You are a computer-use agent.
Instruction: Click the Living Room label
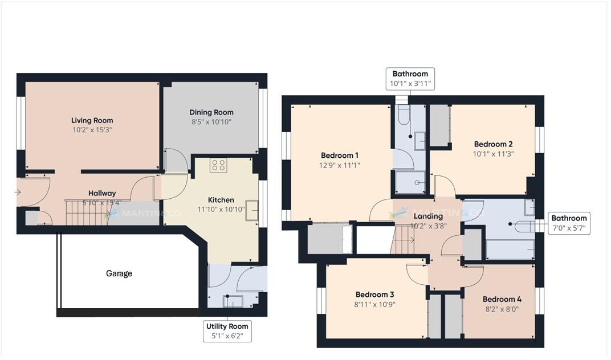(92, 120)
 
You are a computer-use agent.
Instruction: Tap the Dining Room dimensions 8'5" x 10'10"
(211, 122)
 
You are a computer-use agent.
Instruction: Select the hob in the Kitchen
(218, 165)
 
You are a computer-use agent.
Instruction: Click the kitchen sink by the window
(252, 210)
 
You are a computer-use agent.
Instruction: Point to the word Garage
(119, 273)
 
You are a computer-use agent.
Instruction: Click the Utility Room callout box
(227, 332)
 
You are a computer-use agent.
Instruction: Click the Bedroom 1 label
(340, 156)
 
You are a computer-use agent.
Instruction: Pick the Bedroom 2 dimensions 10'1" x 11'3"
(494, 154)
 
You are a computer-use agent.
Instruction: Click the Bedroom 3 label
(374, 294)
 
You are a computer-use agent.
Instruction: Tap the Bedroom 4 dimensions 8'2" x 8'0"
(502, 309)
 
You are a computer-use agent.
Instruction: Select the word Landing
(427, 216)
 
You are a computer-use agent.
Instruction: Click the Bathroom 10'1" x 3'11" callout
(410, 79)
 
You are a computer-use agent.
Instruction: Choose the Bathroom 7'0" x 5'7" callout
(568, 223)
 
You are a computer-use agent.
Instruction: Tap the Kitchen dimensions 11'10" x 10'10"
(221, 210)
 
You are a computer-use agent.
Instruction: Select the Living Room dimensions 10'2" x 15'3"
(92, 130)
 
